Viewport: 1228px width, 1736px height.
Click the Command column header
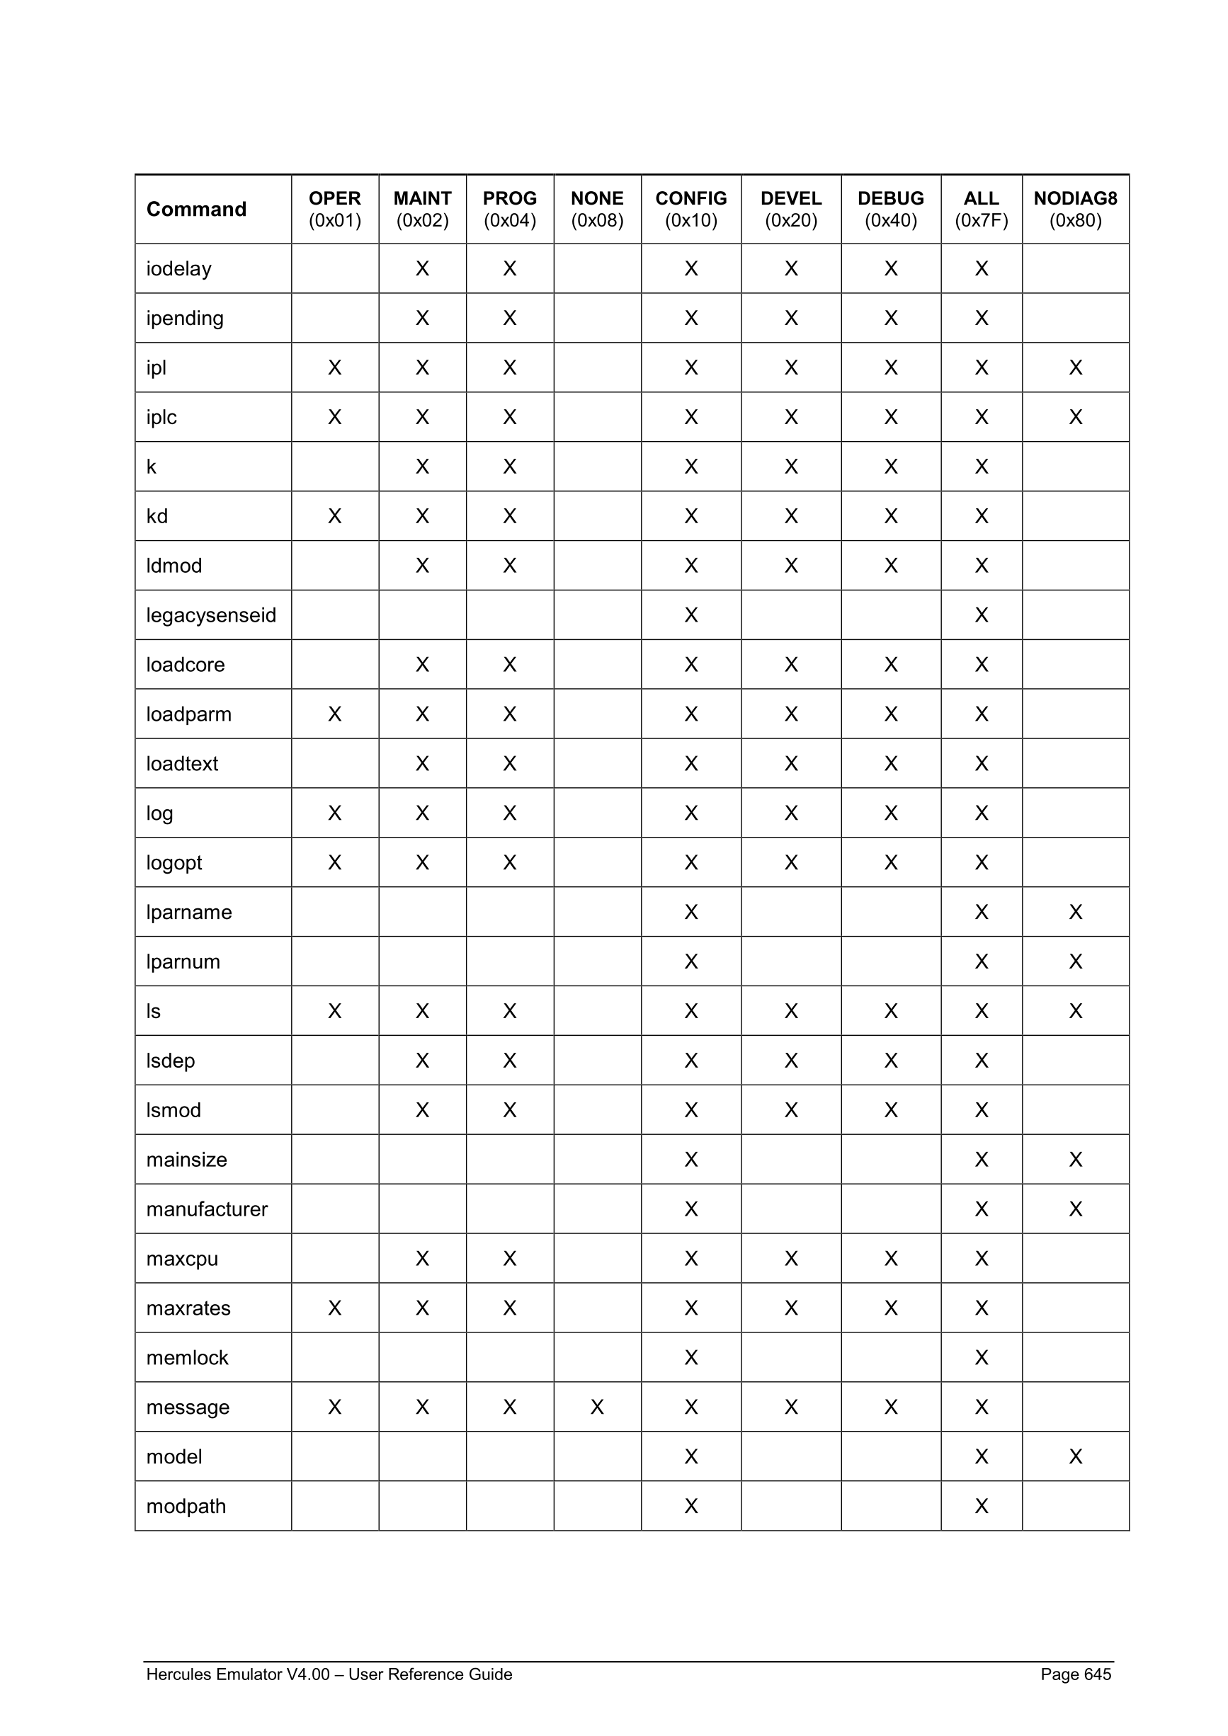tap(196, 210)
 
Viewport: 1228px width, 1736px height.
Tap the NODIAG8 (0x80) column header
tap(1074, 210)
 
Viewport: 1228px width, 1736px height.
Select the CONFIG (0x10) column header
tap(690, 210)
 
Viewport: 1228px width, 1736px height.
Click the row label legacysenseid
tap(211, 615)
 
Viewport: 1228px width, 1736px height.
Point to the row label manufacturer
tap(206, 1209)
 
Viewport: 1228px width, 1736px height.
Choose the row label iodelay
tap(178, 269)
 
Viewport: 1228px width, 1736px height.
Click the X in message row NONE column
tap(596, 1407)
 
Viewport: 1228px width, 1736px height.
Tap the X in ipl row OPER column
tap(334, 367)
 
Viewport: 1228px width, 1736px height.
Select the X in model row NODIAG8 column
tap(1074, 1456)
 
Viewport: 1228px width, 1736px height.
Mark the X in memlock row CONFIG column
tap(690, 1357)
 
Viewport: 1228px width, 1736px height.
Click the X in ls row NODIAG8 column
tap(1074, 1011)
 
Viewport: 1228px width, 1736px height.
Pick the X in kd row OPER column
tap(334, 516)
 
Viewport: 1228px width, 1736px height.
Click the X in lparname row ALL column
tap(981, 912)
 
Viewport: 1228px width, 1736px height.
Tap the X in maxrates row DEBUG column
tap(890, 1308)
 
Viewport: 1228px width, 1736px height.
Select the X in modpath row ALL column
tap(981, 1506)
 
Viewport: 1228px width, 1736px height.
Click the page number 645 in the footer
tap(1096, 1674)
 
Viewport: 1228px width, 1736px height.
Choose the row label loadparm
tap(188, 714)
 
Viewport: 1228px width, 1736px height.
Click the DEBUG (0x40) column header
tap(890, 210)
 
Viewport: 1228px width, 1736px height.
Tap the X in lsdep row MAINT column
tap(422, 1061)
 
